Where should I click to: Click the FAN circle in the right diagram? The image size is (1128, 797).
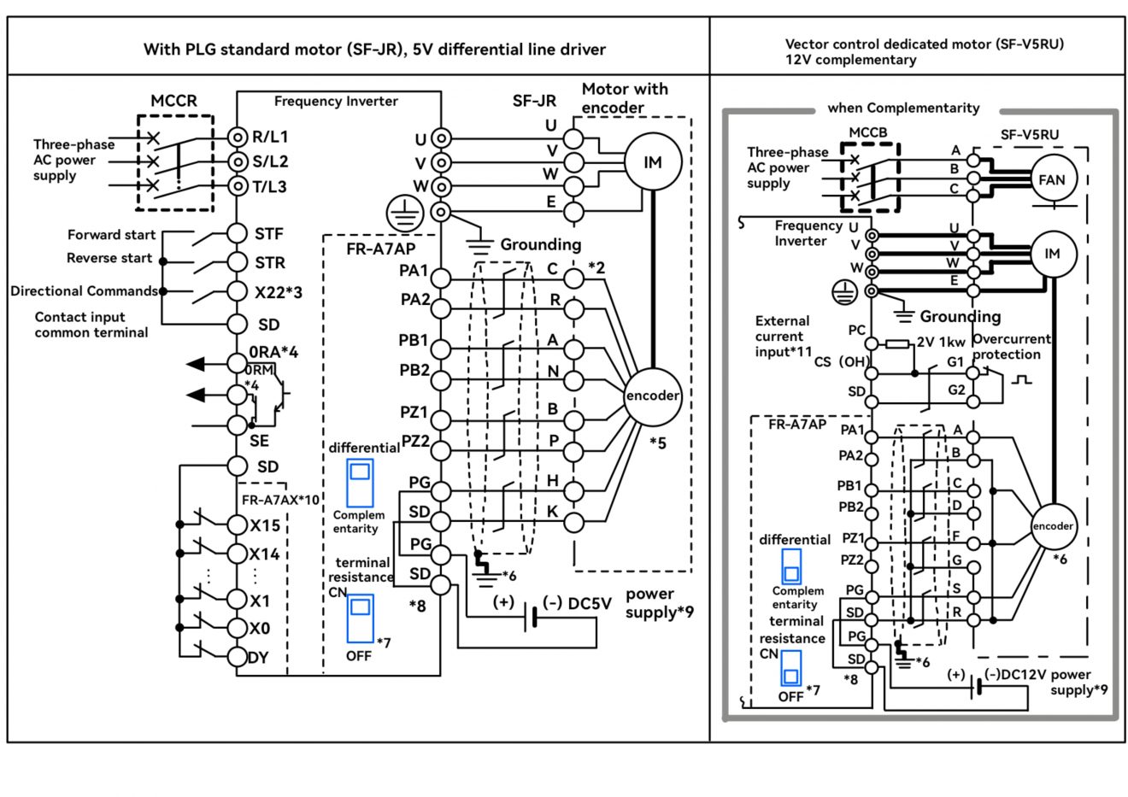pyautogui.click(x=1052, y=179)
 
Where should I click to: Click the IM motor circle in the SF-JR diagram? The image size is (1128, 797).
pyautogui.click(x=652, y=162)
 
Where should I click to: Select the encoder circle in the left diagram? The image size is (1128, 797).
pyautogui.click(x=653, y=396)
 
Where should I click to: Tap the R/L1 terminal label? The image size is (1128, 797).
pyautogui.click(x=269, y=137)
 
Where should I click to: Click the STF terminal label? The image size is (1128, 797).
pyautogui.click(x=268, y=233)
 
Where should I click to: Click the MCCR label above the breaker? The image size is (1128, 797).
pyautogui.click(x=173, y=101)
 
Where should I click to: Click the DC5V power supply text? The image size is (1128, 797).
pyautogui.click(x=590, y=603)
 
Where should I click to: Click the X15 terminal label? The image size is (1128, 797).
pyautogui.click(x=265, y=525)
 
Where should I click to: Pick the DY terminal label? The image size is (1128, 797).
pyautogui.click(x=257, y=658)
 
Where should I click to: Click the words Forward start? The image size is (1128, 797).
pyautogui.click(x=111, y=235)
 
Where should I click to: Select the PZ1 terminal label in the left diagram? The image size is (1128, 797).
pyautogui.click(x=414, y=412)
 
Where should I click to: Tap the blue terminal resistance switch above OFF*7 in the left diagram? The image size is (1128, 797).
pyautogui.click(x=360, y=618)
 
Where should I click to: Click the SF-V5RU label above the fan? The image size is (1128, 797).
pyautogui.click(x=1030, y=135)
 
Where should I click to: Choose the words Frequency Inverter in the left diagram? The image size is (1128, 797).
pyautogui.click(x=336, y=102)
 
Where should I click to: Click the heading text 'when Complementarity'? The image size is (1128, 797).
pyautogui.click(x=903, y=108)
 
